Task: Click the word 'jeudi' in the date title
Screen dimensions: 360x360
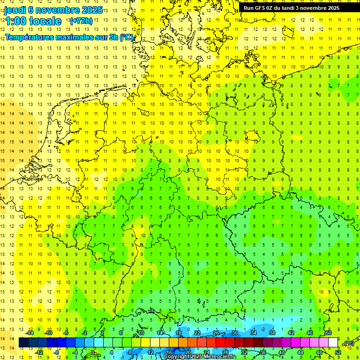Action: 15,9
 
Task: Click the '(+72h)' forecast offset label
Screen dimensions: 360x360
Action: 81,21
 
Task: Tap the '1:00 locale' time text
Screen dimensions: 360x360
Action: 33,21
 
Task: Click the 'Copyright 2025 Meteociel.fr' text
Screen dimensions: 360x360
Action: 200,356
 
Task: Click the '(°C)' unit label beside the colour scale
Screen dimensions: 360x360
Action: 348,343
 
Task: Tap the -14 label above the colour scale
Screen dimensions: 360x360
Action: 30,333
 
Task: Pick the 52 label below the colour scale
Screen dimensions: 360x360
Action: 337,352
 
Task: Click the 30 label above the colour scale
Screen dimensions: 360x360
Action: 235,333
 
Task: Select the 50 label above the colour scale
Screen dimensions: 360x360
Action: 329,333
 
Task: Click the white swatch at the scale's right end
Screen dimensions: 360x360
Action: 333,342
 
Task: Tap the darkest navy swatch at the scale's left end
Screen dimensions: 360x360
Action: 23,342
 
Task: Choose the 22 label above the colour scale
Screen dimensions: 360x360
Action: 197,333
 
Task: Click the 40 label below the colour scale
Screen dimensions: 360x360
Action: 281,352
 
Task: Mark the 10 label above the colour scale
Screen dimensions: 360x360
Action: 141,333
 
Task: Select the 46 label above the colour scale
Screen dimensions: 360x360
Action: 310,333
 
